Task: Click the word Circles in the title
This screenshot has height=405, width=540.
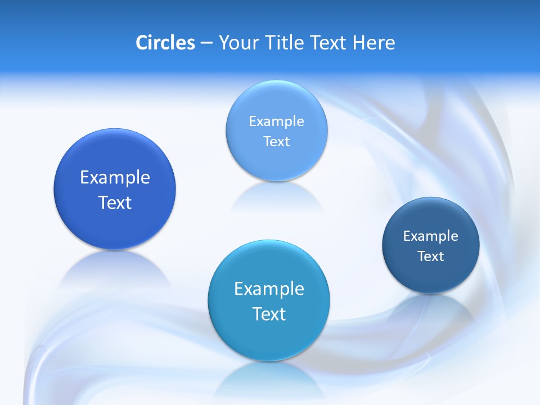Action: click(x=165, y=43)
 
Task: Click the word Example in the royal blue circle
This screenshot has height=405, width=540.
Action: click(x=115, y=178)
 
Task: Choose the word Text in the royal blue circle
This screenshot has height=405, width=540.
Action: click(x=115, y=202)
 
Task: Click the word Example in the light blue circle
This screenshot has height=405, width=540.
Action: click(x=276, y=121)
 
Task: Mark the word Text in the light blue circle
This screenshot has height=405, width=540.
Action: click(x=276, y=142)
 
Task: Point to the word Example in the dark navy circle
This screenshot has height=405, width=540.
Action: click(x=431, y=236)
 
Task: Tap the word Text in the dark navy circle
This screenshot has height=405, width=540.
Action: click(x=431, y=256)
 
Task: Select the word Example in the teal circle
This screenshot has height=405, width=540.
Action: click(x=269, y=289)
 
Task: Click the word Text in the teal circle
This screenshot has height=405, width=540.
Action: click(x=269, y=314)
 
